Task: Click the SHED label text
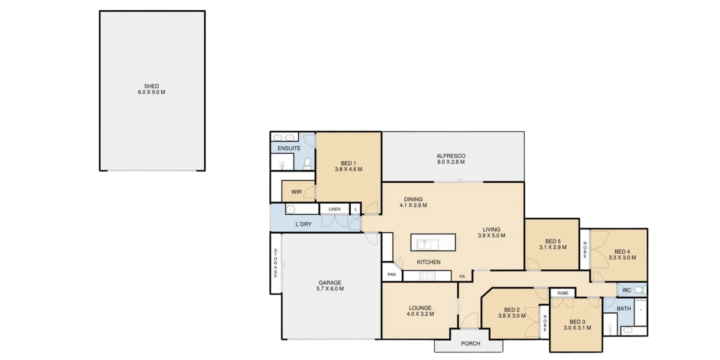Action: [151, 86]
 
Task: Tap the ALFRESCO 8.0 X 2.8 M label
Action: [451, 159]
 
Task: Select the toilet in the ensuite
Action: [307, 163]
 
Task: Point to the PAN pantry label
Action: [391, 274]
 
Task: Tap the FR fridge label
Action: [462, 277]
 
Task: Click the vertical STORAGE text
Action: [275, 263]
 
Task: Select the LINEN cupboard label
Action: [334, 209]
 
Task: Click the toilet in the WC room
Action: [640, 290]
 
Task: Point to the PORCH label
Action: [470, 343]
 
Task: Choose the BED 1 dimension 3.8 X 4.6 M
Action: [348, 169]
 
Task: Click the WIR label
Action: [296, 192]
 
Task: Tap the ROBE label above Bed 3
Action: [562, 293]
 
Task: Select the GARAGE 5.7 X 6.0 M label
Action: [330, 286]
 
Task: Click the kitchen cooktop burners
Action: [427, 276]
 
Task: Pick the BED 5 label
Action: [553, 241]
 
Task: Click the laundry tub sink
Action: [291, 209]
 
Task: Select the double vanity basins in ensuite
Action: [284, 138]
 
